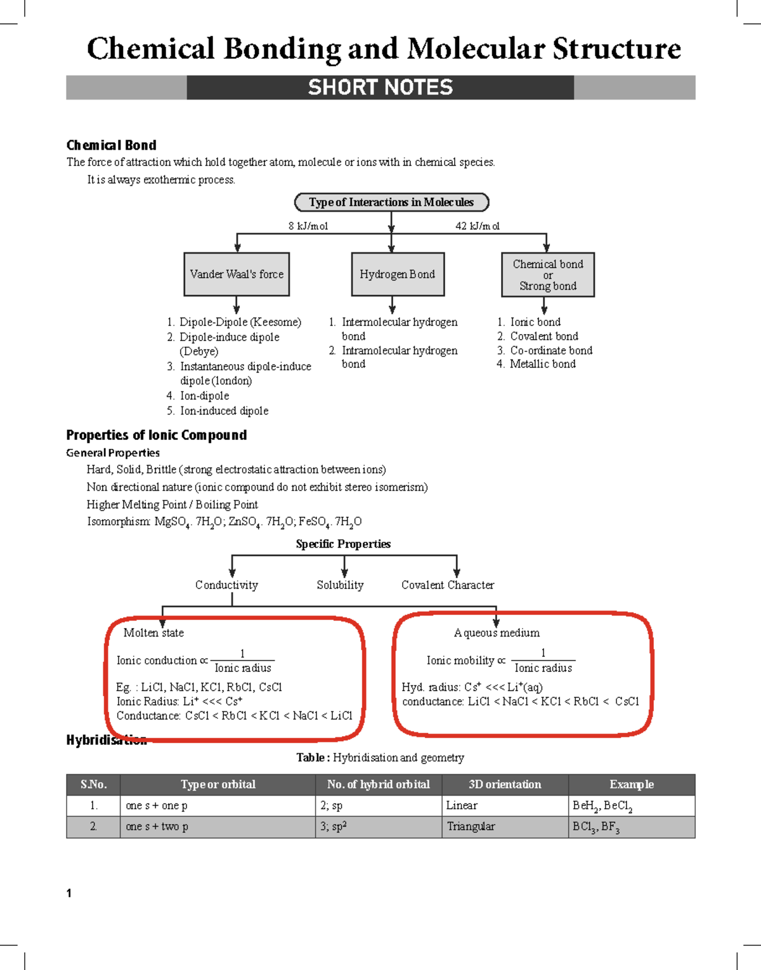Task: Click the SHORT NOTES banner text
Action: click(380, 87)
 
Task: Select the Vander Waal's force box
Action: click(237, 275)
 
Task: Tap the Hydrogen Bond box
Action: click(398, 275)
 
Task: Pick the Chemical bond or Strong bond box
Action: click(548, 275)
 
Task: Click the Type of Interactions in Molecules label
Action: click(391, 202)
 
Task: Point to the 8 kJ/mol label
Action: click(308, 226)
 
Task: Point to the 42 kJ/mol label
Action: click(478, 226)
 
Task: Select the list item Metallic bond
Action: click(543, 364)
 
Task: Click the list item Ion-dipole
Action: click(204, 396)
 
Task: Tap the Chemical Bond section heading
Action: click(112, 145)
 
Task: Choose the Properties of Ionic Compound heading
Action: click(157, 435)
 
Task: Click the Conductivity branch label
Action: click(226, 585)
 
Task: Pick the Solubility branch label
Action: click(341, 585)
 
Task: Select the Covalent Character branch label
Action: click(448, 585)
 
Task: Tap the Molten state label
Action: click(153, 633)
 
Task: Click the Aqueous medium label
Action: click(497, 633)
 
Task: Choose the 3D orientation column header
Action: click(505, 784)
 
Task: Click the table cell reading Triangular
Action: click(471, 826)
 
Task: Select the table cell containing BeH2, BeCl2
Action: click(602, 806)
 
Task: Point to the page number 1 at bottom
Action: click(69, 893)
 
